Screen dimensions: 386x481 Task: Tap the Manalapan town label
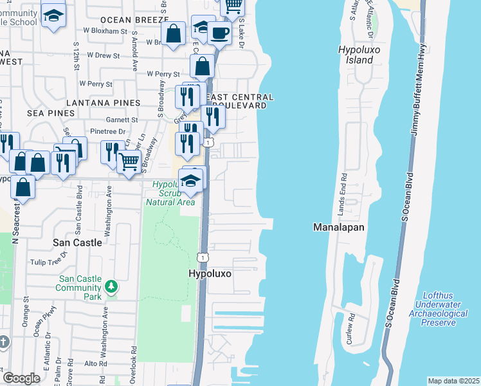tap(338, 227)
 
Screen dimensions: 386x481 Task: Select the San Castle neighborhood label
tap(77, 243)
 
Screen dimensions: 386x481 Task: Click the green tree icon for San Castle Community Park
tap(112, 286)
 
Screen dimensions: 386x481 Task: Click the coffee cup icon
tap(219, 34)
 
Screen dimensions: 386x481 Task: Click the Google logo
tap(21, 378)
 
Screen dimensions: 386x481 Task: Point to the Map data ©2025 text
tap(453, 381)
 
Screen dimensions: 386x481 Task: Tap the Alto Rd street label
tap(95, 364)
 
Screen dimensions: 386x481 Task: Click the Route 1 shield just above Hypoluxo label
tap(203, 257)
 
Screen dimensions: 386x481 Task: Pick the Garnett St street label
tap(124, 120)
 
